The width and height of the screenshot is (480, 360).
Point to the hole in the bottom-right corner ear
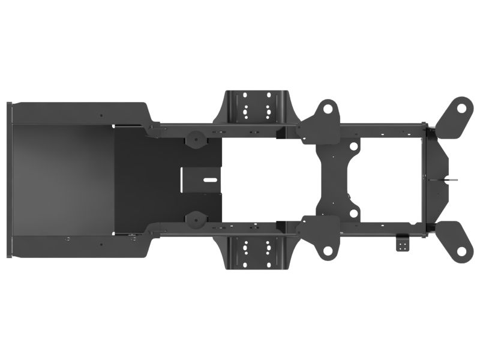point(460,235)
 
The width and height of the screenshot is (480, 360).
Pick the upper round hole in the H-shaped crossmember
point(353,146)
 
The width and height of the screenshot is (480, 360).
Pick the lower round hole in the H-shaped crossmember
point(353,212)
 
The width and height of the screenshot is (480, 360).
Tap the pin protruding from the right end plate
point(453,178)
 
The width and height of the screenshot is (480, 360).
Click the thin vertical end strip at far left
point(9,179)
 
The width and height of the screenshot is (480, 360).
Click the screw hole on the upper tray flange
point(101,115)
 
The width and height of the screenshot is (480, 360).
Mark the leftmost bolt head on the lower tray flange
point(67,238)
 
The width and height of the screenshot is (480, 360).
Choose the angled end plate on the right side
point(438,178)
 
